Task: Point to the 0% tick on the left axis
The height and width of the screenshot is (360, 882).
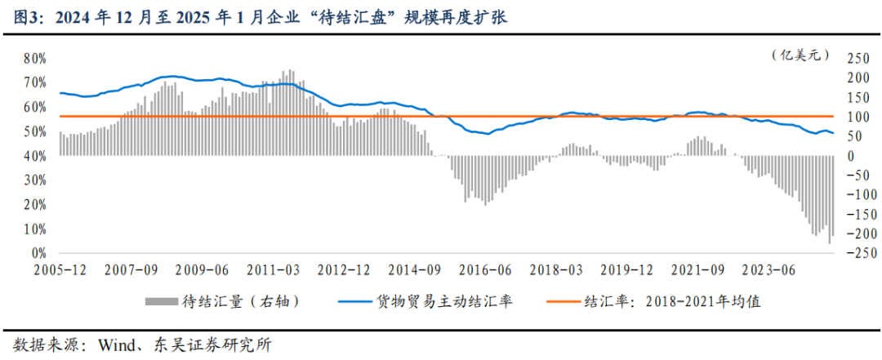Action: tap(38, 254)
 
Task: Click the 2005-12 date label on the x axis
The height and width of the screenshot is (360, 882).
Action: tap(60, 269)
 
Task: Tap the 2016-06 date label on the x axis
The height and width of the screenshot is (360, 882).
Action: tap(486, 269)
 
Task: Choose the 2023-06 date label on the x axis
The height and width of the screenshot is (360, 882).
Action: tap(768, 269)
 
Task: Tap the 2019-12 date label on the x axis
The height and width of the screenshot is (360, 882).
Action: tap(626, 269)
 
